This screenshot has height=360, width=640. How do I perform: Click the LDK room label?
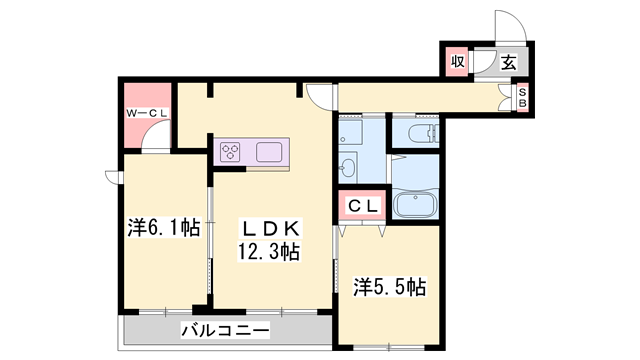tap(267, 227)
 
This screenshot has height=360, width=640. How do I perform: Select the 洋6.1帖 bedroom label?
tap(163, 228)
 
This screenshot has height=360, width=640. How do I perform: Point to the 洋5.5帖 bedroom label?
tap(390, 287)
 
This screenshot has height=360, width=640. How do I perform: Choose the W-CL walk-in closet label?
tap(148, 114)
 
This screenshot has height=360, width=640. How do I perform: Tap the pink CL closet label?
tap(363, 205)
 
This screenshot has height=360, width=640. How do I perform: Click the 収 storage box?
tap(457, 62)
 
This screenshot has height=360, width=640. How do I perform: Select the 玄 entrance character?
tap(508, 62)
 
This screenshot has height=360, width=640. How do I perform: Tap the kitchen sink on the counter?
tap(272, 153)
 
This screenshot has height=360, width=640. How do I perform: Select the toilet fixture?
tap(414, 132)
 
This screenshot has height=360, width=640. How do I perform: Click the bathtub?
tap(413, 205)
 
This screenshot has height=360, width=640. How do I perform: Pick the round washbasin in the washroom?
tap(349, 167)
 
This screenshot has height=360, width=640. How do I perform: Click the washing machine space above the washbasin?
tap(351, 131)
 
